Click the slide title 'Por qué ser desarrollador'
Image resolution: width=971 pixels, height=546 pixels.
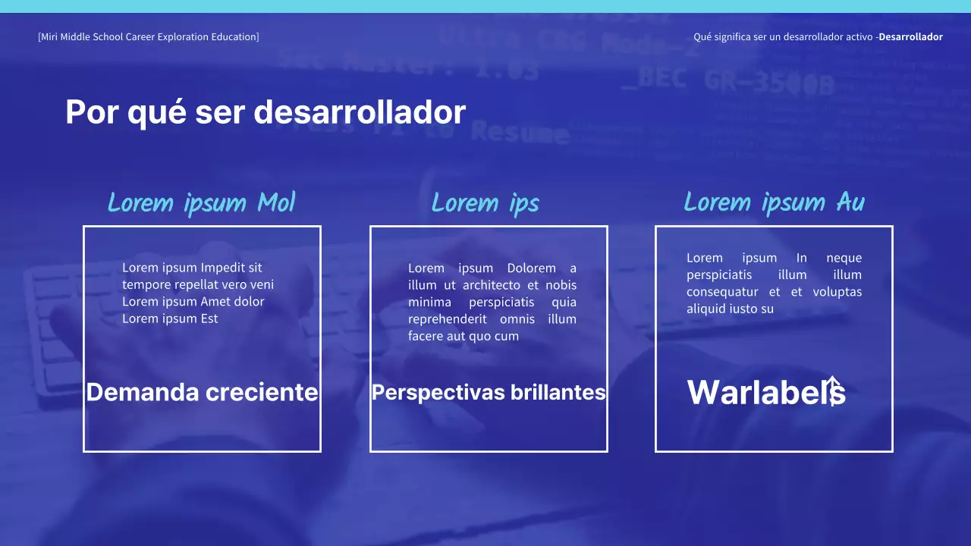click(x=266, y=112)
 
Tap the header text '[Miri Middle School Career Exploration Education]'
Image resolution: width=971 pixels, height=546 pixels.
click(x=148, y=36)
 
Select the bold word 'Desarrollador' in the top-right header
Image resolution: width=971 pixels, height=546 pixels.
click(x=910, y=36)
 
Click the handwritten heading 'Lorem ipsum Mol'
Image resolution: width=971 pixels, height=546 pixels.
click(x=201, y=203)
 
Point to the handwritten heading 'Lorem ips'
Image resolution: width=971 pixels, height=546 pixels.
click(x=485, y=203)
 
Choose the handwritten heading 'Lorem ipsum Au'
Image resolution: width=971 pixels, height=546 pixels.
click(x=774, y=202)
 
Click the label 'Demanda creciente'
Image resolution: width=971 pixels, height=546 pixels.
click(x=202, y=392)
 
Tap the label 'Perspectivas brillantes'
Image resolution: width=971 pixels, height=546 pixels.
click(x=489, y=392)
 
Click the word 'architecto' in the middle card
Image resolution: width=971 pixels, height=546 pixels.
click(x=492, y=285)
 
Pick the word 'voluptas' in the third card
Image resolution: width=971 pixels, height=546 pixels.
click(x=837, y=292)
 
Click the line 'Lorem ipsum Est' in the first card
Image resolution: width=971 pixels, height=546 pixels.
click(x=170, y=318)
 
